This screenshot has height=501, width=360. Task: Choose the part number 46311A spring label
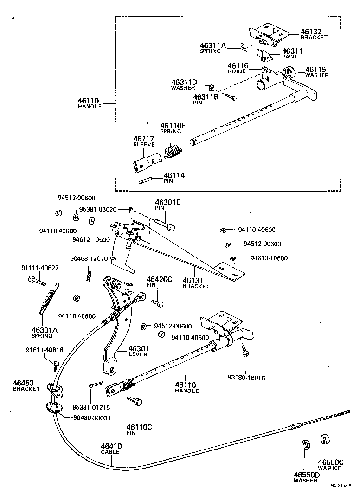[213, 48]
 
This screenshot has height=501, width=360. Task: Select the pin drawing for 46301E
[167, 225]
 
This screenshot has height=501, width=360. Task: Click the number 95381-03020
[98, 209]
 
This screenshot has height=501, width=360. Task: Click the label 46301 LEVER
[138, 351]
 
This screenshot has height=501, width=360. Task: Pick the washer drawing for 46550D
[306, 444]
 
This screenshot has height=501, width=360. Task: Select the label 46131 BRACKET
[196, 283]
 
